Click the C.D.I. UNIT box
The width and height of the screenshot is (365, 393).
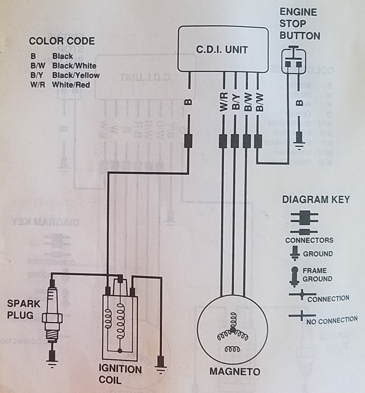click(x=223, y=49)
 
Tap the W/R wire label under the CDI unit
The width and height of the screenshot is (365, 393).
click(x=224, y=102)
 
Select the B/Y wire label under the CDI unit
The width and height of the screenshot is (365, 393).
click(x=235, y=102)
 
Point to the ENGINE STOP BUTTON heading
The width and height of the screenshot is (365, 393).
click(x=300, y=24)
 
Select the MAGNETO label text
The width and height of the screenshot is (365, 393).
click(x=235, y=371)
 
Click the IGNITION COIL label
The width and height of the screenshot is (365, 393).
click(x=120, y=375)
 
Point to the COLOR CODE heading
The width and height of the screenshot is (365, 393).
click(x=62, y=41)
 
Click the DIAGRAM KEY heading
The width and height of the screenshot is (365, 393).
click(x=316, y=199)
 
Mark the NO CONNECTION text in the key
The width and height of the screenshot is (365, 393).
click(x=332, y=321)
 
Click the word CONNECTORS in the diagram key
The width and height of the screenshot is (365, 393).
click(x=309, y=240)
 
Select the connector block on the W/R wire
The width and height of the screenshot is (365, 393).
click(x=223, y=141)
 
